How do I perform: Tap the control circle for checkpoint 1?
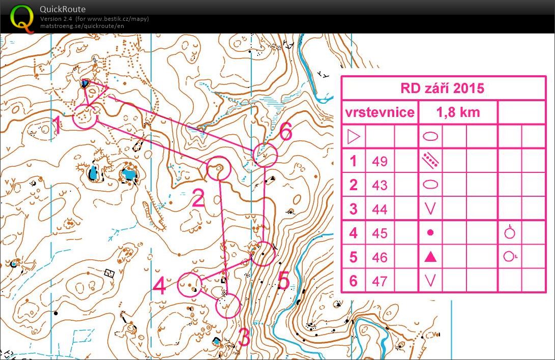tap(84, 117)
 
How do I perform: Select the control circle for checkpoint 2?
tap(219, 168)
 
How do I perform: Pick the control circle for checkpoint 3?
tap(228, 306)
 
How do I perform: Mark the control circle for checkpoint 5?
tap(263, 253)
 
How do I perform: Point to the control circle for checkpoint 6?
tap(265, 154)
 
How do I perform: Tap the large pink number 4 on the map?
tap(159, 286)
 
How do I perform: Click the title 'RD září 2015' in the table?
tap(442, 88)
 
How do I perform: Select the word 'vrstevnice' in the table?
tap(379, 112)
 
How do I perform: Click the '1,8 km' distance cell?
tap(458, 112)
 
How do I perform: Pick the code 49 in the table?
tap(379, 161)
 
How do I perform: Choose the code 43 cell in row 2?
tap(379, 185)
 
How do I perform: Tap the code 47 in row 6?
tap(379, 280)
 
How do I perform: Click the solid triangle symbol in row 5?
tap(430, 257)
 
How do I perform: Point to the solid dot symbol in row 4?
tap(430, 232)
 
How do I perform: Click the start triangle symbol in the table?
tap(353, 136)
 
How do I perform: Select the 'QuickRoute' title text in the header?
tap(63, 9)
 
